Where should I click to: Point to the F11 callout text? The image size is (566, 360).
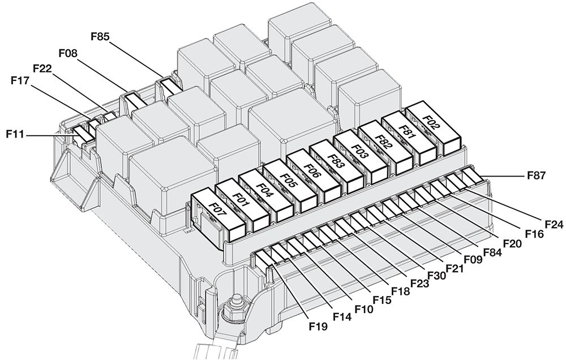[x=16, y=135]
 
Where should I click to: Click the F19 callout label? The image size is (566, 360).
[x=319, y=326]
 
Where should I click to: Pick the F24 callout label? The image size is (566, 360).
[x=554, y=224]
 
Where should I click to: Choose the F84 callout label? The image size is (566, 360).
[x=492, y=252]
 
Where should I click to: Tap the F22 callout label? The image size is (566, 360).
[x=44, y=68]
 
